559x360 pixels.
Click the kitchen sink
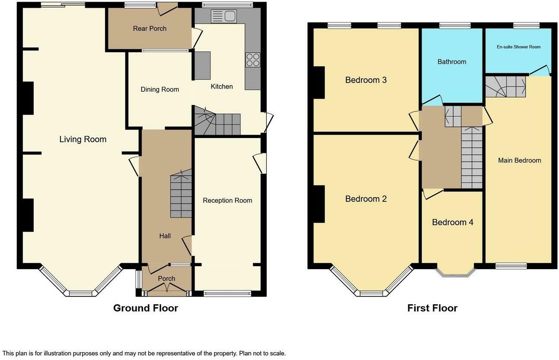pos(224,16)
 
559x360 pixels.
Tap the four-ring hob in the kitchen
pos(253,60)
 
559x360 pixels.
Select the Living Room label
pos(83,139)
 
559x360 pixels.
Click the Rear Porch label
pos(150,29)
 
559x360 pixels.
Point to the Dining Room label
pos(160,89)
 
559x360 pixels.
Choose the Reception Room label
pos(227,201)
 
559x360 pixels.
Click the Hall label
pos(165,236)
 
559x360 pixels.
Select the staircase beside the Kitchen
pos(217,121)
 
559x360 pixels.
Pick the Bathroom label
pos(452,62)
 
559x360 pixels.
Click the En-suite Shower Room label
pos(518,47)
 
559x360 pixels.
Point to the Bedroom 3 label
pos(366,80)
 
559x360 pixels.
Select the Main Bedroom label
pos(519,160)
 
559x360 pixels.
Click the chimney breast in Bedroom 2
pos(319,204)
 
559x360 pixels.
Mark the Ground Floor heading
pos(145,308)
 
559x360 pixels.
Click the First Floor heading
pos(432,308)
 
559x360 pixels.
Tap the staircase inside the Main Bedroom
pos(505,86)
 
